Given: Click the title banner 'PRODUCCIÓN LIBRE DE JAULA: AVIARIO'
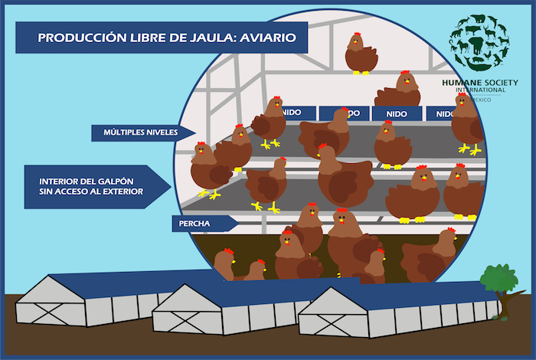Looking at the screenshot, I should point(161,38).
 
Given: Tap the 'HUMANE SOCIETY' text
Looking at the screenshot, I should point(480,82).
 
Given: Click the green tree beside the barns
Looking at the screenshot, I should point(498,279).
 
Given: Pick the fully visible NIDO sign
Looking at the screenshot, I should point(397,114).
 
